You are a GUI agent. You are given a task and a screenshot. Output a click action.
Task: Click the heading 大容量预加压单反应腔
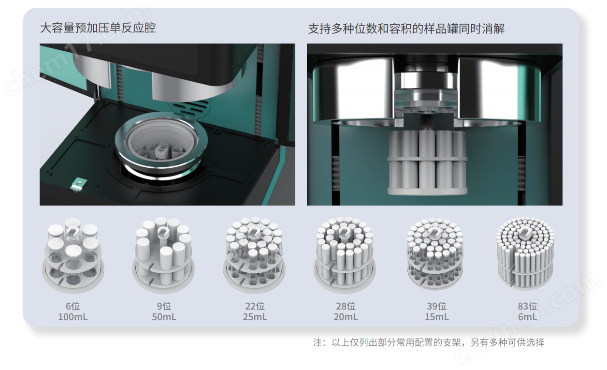point(98,28)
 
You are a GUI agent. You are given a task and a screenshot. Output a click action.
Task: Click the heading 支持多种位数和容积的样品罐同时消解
point(406,29)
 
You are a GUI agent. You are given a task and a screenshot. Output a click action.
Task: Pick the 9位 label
point(164,306)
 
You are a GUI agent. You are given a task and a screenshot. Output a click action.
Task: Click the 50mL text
point(164,317)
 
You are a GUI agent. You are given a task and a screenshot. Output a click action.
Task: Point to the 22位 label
point(255,306)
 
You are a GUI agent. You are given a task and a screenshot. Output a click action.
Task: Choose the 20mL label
point(346,317)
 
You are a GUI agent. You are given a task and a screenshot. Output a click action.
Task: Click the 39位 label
point(436,306)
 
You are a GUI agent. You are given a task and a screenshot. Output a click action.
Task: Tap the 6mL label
point(527,317)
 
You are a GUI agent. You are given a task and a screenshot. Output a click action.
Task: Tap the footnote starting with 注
point(428,342)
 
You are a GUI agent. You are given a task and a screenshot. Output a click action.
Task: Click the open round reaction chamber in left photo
point(157,148)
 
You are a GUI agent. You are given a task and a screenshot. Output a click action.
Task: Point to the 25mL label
point(255,317)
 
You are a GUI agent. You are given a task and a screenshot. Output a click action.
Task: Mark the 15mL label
point(436,317)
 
